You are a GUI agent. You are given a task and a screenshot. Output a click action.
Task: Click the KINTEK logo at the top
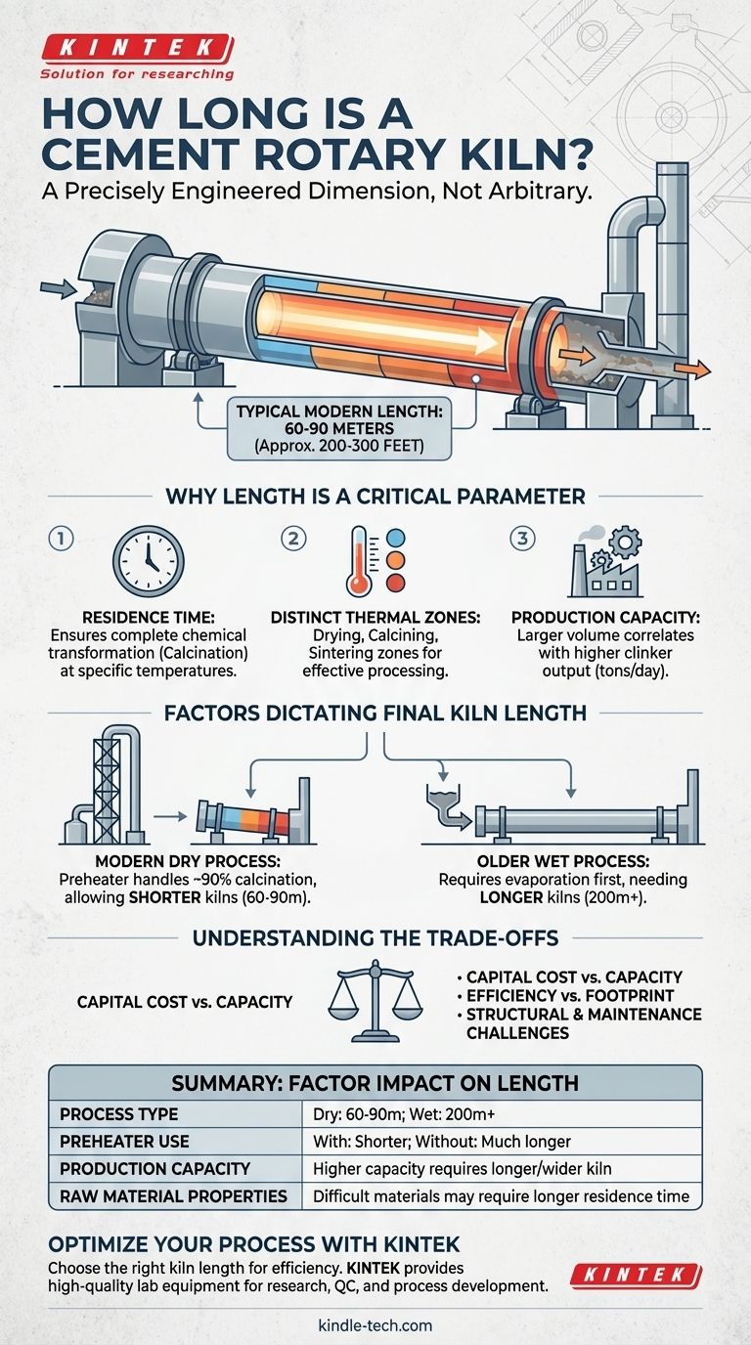136,48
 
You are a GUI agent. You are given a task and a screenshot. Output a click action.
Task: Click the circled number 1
61,539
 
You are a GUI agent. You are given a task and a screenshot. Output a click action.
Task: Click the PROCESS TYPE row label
119,1114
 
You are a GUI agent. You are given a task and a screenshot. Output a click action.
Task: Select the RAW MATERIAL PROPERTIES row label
172,1195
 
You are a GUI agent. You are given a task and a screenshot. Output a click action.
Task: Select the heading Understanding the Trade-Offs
375,938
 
